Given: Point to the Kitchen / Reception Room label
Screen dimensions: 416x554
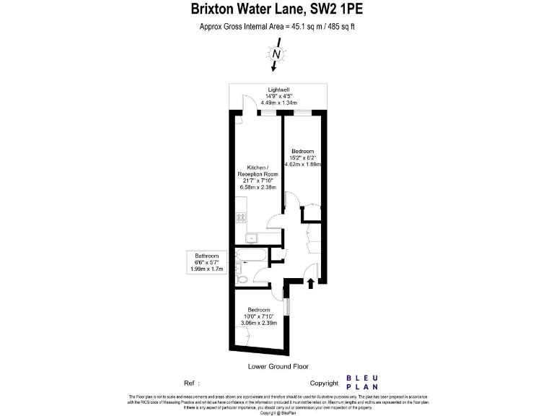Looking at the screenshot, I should point(258,170).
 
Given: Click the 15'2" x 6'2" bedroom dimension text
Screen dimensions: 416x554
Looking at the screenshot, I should point(303,157).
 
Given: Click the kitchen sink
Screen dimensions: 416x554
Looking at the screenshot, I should point(253,237).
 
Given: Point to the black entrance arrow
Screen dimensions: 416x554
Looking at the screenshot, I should point(311,282).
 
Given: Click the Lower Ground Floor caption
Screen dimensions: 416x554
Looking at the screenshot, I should point(278,366).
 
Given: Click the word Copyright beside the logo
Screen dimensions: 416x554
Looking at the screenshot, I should point(324,383).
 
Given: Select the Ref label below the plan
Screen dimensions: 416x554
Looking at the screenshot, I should point(190,383).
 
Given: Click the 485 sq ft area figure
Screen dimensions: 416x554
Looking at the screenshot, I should point(340,27).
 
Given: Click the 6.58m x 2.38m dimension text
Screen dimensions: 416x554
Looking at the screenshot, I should point(258,187).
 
